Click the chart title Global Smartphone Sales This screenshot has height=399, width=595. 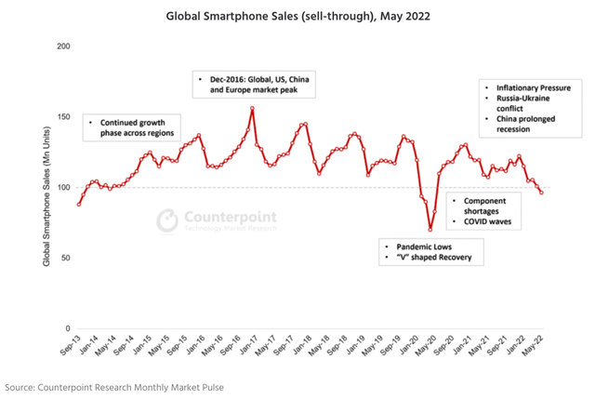(x=297, y=16)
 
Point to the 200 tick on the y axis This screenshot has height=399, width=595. (x=62, y=46)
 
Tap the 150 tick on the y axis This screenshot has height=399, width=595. (x=62, y=116)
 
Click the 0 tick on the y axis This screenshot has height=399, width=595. (x=68, y=328)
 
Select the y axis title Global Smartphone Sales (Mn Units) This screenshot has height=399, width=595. (x=46, y=187)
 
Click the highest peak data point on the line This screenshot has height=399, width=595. (x=252, y=108)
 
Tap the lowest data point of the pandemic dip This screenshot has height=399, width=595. (x=430, y=230)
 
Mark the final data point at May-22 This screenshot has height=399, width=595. (x=541, y=193)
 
